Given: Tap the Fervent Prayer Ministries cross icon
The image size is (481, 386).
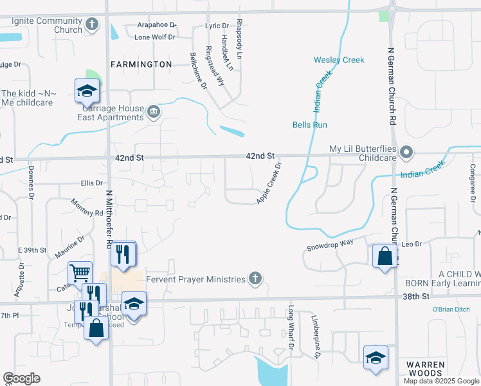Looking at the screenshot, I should point(255,279).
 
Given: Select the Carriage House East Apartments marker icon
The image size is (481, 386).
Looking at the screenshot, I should point(154,113).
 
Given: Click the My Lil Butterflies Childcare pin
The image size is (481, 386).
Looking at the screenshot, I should point(406,152).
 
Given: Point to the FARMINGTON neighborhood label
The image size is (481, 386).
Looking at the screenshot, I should point(141,64).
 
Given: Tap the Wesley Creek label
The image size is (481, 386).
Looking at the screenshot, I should point(339,60).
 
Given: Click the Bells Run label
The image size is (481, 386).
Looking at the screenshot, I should point(311,125).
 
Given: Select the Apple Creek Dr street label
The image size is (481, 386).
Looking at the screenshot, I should point(269,183).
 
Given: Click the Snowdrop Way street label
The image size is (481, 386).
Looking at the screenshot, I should point(330,244).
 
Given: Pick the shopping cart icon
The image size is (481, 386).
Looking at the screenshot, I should point(80,273).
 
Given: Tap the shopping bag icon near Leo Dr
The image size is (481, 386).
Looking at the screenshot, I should point(385,255).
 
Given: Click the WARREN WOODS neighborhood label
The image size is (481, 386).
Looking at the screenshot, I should point(424,369).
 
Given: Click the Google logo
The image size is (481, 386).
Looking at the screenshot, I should point(21,378).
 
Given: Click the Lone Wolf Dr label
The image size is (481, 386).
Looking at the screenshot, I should point(154,37).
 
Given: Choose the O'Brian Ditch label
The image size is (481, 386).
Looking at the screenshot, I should point(455,309).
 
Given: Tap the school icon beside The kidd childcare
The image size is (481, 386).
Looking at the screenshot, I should point(87,92).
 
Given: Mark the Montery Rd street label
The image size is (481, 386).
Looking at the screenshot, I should point(87,207).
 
